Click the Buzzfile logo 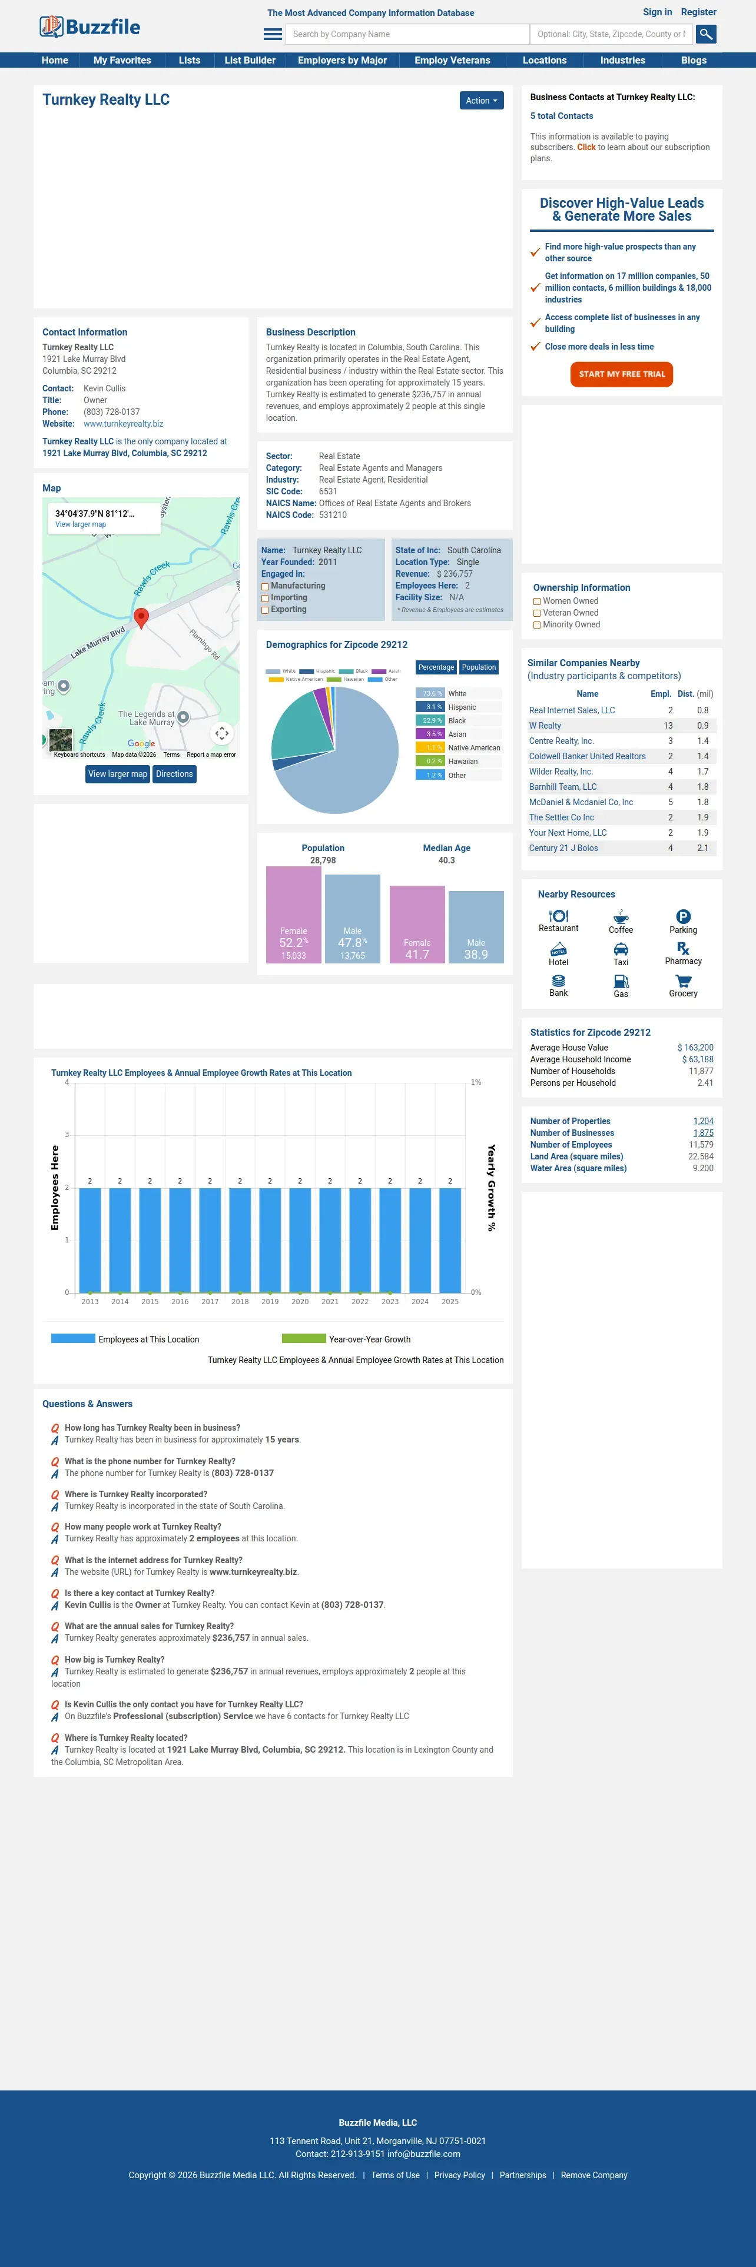click(89, 27)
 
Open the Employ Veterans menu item click(452, 61)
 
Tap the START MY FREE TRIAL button click(621, 374)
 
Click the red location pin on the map click(141, 617)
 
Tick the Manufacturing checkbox click(265, 587)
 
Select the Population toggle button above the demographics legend click(479, 667)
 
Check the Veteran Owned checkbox click(537, 613)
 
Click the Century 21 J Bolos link click(563, 849)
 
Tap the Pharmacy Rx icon click(683, 949)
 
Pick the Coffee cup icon click(621, 917)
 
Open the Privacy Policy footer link click(459, 2175)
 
